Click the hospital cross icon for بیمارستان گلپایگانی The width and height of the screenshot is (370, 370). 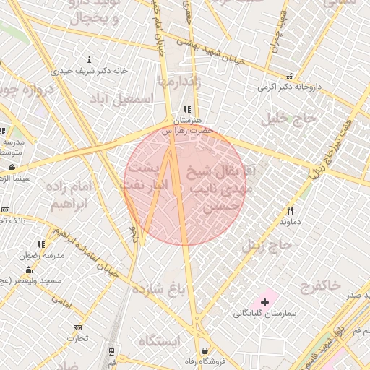coord(264,301)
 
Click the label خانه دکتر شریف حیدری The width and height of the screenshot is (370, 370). coord(89,71)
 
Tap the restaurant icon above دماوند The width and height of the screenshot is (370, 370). coord(290,210)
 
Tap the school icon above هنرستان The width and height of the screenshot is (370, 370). coord(187,110)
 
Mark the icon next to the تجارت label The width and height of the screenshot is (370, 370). coord(77,327)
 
